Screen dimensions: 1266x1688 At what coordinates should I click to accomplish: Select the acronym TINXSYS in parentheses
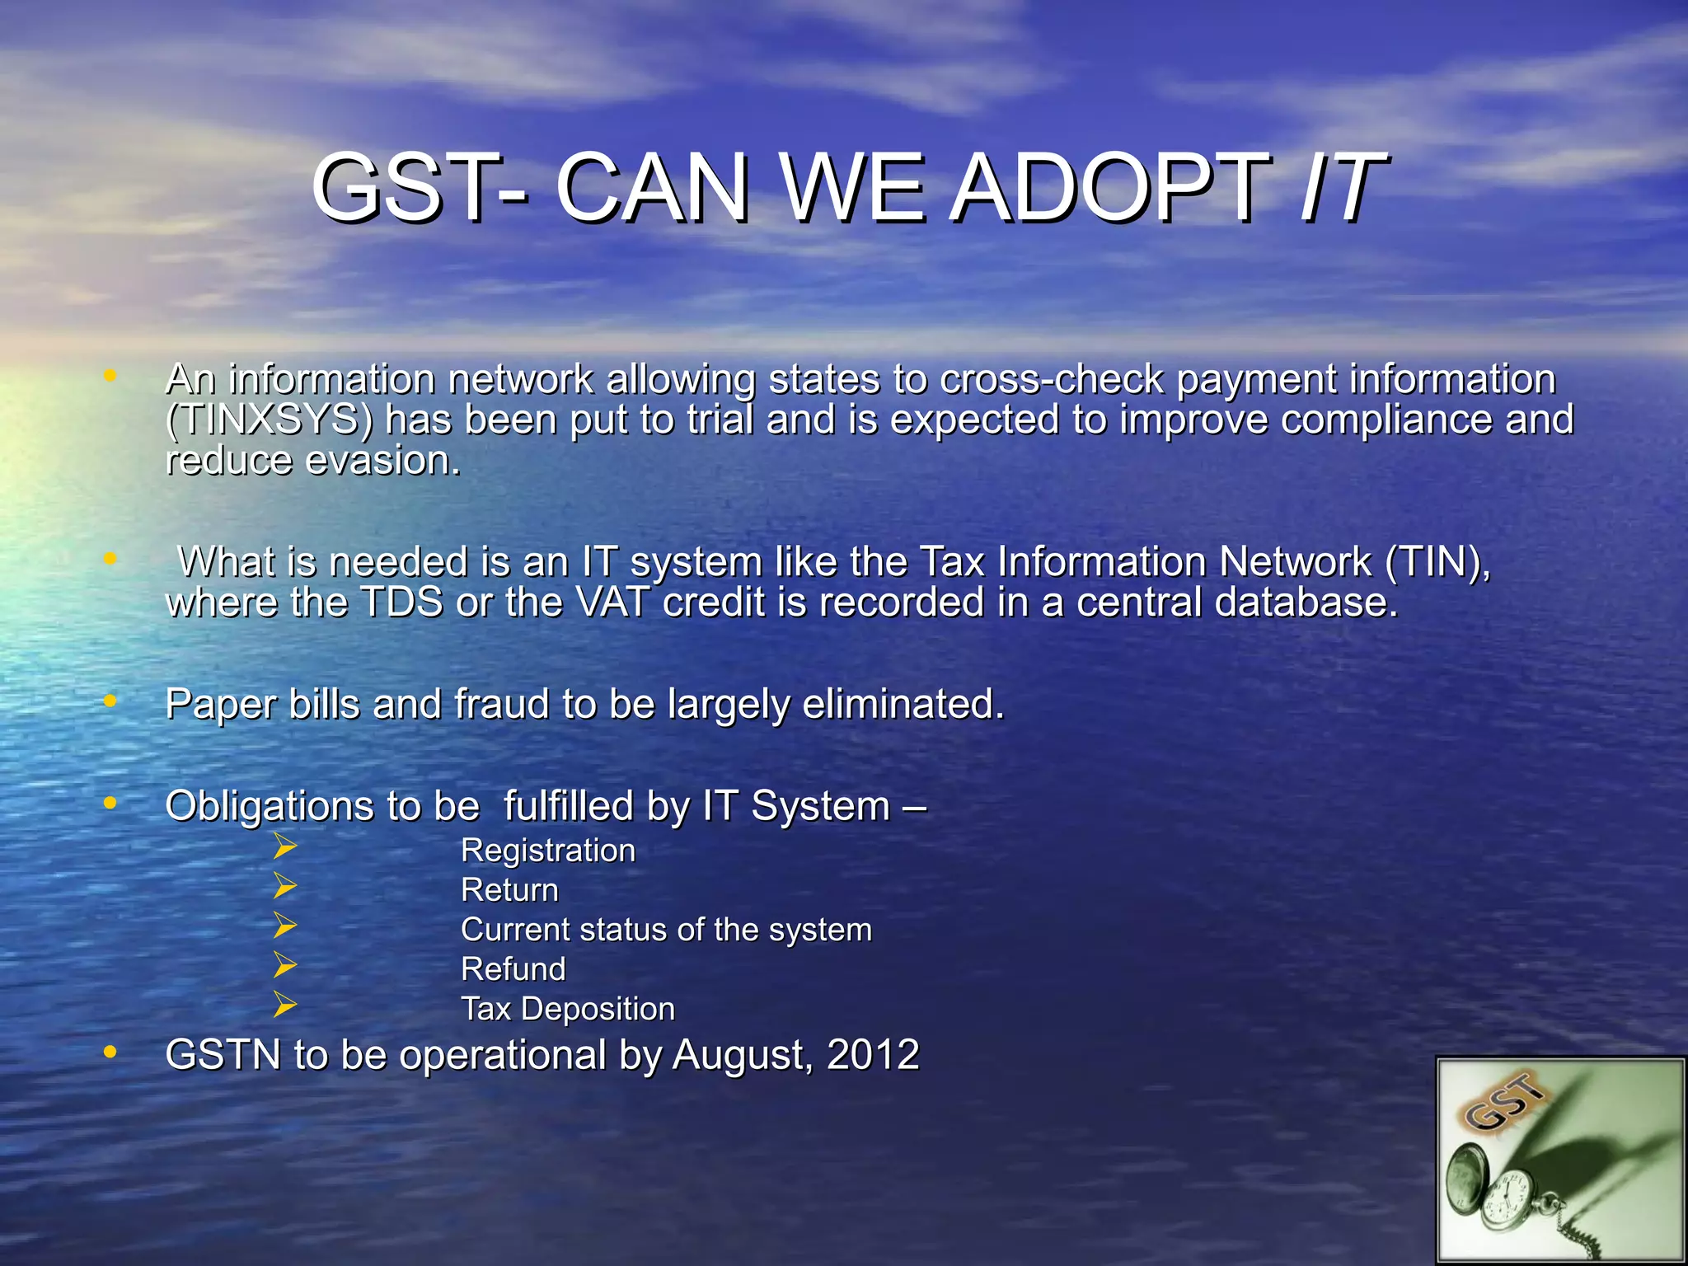click(x=269, y=420)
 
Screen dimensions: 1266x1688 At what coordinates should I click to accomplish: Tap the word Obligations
click(x=269, y=806)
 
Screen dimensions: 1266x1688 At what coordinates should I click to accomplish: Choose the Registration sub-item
click(x=548, y=851)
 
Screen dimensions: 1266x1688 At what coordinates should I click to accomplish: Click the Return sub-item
click(x=509, y=890)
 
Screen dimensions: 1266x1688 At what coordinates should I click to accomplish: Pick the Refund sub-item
click(x=513, y=969)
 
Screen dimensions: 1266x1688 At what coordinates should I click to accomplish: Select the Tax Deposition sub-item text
click(x=568, y=1009)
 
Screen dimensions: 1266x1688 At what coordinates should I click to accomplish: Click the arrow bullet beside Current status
click(x=284, y=926)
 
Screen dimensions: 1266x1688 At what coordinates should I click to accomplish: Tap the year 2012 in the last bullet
click(x=873, y=1055)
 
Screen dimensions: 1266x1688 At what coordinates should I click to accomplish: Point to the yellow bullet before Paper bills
click(x=110, y=702)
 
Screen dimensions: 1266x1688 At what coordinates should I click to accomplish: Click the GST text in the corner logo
click(x=1505, y=1103)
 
